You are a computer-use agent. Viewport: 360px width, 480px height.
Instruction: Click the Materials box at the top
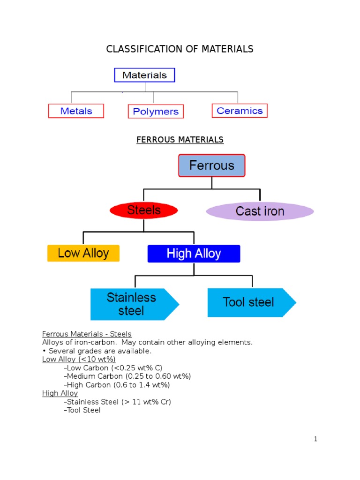pyautogui.click(x=144, y=75)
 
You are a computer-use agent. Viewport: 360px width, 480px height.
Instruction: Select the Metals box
pyautogui.click(x=76, y=111)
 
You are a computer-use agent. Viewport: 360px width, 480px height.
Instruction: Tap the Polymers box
pyautogui.click(x=156, y=112)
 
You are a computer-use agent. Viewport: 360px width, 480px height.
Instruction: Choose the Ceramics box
pyautogui.click(x=240, y=111)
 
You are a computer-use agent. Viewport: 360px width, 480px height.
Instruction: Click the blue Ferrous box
pyautogui.click(x=211, y=165)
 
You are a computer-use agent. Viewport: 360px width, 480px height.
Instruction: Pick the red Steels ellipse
pyautogui.click(x=144, y=210)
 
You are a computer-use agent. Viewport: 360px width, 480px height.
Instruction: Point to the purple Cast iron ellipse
pyautogui.click(x=260, y=211)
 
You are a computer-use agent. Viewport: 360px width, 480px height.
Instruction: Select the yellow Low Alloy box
pyautogui.click(x=83, y=254)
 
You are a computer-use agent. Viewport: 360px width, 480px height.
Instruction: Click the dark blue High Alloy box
pyautogui.click(x=194, y=254)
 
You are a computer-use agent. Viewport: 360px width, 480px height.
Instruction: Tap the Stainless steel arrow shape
pyautogui.click(x=132, y=304)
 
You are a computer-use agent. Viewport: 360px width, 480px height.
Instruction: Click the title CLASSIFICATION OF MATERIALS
pyautogui.click(x=180, y=49)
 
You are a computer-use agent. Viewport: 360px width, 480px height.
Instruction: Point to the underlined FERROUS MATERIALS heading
pyautogui.click(x=180, y=140)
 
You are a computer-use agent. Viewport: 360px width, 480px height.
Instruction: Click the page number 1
pyautogui.click(x=316, y=439)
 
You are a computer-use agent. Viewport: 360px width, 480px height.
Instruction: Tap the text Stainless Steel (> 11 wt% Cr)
pyautogui.click(x=117, y=402)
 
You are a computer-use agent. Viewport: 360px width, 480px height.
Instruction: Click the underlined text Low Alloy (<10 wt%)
pyautogui.click(x=79, y=359)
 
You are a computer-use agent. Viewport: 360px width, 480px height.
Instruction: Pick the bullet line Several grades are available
pyautogui.click(x=97, y=351)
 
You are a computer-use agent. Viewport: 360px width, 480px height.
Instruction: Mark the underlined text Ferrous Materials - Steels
pyautogui.click(x=87, y=334)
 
